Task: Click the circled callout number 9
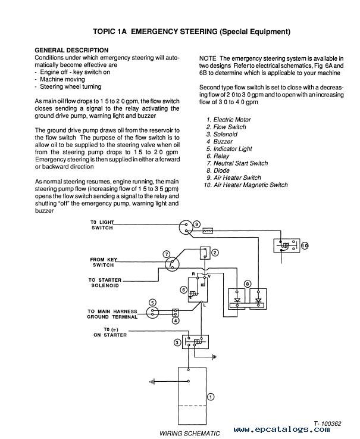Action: pos(196,224)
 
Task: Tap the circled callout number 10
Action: pos(305,246)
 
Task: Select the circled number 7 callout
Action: pos(167,254)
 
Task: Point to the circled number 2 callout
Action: pos(215,253)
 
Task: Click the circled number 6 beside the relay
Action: pos(183,289)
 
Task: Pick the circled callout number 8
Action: pos(248,284)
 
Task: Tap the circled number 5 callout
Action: pos(152,303)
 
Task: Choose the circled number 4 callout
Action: pos(176,320)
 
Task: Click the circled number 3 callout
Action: pos(177,343)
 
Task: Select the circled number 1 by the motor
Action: pos(211,397)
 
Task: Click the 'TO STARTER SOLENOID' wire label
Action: pos(105,283)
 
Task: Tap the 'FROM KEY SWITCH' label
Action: pos(104,262)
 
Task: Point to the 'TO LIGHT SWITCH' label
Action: pos(102,225)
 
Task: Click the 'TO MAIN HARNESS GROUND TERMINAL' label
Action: pos(112,314)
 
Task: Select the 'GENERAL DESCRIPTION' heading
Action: pos(71,51)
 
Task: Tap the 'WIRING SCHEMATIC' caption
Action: pos(190,434)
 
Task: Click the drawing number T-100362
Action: pos(327,424)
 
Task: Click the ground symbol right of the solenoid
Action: pos(215,357)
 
